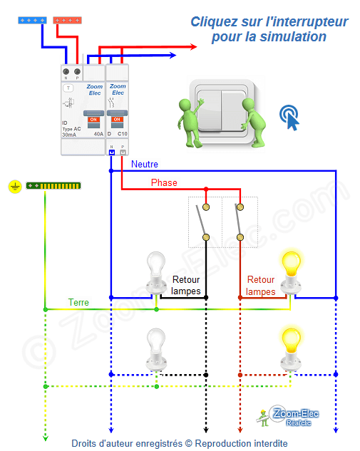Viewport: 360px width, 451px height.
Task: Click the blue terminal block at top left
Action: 33,21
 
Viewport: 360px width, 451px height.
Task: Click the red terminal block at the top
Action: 67,21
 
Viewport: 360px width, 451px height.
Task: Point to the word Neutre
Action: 145,165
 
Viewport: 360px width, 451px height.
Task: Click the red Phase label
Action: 164,183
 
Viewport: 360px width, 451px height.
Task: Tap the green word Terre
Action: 78,302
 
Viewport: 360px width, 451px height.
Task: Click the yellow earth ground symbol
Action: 14,186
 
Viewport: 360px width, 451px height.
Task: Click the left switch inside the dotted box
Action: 205,221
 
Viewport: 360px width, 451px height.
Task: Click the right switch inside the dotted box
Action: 240,221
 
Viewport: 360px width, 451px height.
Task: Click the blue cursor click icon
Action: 289,117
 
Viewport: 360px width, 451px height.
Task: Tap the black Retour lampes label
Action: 186,286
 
